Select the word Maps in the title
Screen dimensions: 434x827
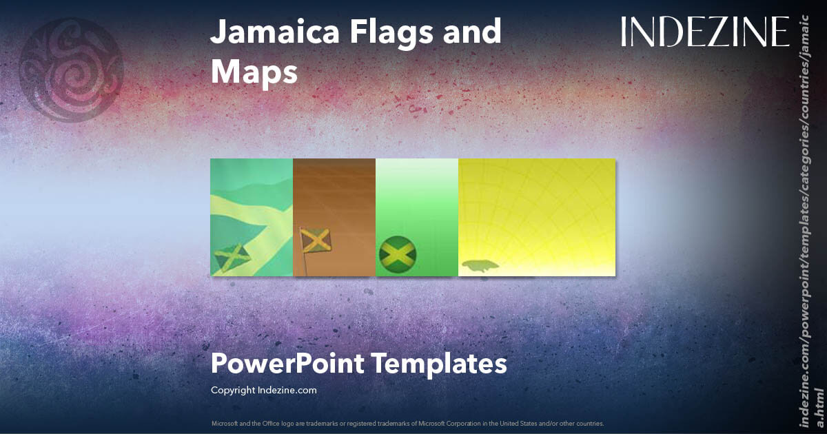[254, 72]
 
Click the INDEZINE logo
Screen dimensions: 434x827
[705, 32]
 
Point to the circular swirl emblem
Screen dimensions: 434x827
[71, 70]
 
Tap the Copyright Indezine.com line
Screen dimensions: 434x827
[263, 390]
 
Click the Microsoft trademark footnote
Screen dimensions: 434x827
[407, 423]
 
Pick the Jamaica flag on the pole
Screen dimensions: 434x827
[316, 242]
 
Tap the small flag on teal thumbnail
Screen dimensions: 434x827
[232, 258]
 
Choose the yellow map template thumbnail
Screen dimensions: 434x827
[536, 217]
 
